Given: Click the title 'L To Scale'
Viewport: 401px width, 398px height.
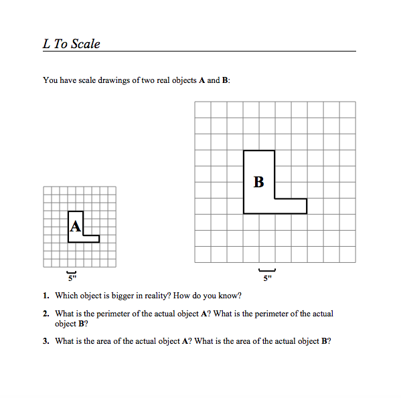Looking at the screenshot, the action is pyautogui.click(x=72, y=44).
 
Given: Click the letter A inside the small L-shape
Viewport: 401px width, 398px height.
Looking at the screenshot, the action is pyautogui.click(x=75, y=226).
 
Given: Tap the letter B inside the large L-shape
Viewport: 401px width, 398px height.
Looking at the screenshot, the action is pyautogui.click(x=259, y=181).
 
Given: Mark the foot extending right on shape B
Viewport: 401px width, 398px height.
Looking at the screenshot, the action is pyautogui.click(x=291, y=206).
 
